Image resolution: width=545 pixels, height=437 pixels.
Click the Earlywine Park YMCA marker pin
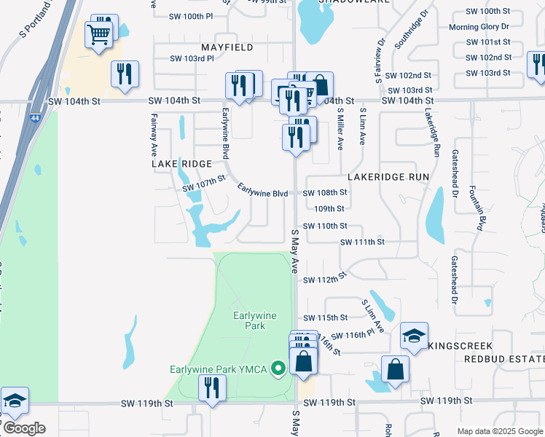tap(276, 369)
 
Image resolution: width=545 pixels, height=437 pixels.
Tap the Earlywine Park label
tap(249, 320)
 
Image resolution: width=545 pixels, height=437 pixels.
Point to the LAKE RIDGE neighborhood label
tap(181, 164)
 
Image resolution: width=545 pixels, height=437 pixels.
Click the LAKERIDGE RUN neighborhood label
tap(388, 177)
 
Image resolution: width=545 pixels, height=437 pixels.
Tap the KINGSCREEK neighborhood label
tap(460, 345)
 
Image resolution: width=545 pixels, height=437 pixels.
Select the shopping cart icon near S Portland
tap(98, 34)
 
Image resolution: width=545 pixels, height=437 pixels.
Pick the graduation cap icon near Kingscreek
tap(414, 336)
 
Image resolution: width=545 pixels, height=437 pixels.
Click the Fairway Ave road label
tap(154, 135)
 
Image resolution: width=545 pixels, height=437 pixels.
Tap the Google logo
tap(23, 428)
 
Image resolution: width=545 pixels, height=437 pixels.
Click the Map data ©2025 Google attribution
tap(499, 431)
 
